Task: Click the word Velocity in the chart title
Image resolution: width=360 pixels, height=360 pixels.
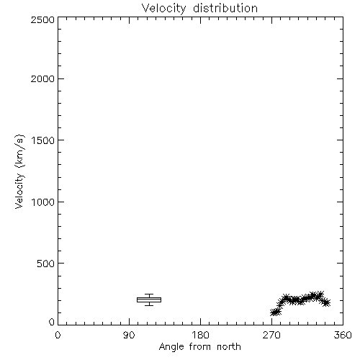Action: pyautogui.click(x=163, y=9)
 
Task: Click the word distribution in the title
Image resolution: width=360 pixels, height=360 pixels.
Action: pyautogui.click(x=225, y=8)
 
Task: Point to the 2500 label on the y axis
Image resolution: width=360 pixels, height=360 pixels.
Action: pyautogui.click(x=42, y=19)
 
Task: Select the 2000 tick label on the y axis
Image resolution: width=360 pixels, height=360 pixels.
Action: pyautogui.click(x=42, y=79)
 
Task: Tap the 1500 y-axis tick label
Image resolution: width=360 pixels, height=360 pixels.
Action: pyautogui.click(x=43, y=140)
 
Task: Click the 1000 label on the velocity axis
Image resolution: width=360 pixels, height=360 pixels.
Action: pyautogui.click(x=43, y=202)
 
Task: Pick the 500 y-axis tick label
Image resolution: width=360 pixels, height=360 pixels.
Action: pyautogui.click(x=46, y=264)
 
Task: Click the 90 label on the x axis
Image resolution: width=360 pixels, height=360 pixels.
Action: pyautogui.click(x=129, y=335)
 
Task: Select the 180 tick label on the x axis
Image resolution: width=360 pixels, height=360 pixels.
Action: pyautogui.click(x=200, y=335)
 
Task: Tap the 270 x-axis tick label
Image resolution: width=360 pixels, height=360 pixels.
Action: pyautogui.click(x=271, y=335)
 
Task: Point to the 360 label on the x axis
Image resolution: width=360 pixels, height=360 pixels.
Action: pyautogui.click(x=343, y=335)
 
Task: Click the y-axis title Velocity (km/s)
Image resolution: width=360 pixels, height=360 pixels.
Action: pyautogui.click(x=19, y=171)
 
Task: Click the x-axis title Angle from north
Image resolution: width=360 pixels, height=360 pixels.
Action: pyautogui.click(x=200, y=347)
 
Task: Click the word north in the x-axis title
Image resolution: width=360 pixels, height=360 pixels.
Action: pyautogui.click(x=229, y=346)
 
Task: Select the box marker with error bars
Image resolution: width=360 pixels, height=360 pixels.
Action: pyautogui.click(x=149, y=300)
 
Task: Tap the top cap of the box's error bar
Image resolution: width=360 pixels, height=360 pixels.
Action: pyautogui.click(x=149, y=294)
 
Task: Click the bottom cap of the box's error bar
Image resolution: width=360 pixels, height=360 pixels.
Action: pyautogui.click(x=149, y=305)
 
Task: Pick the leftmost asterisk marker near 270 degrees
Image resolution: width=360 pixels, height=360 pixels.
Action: pyautogui.click(x=274, y=312)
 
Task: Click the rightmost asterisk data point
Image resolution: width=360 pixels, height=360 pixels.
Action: pyautogui.click(x=326, y=302)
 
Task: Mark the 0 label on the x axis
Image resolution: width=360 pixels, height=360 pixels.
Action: pyautogui.click(x=58, y=335)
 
